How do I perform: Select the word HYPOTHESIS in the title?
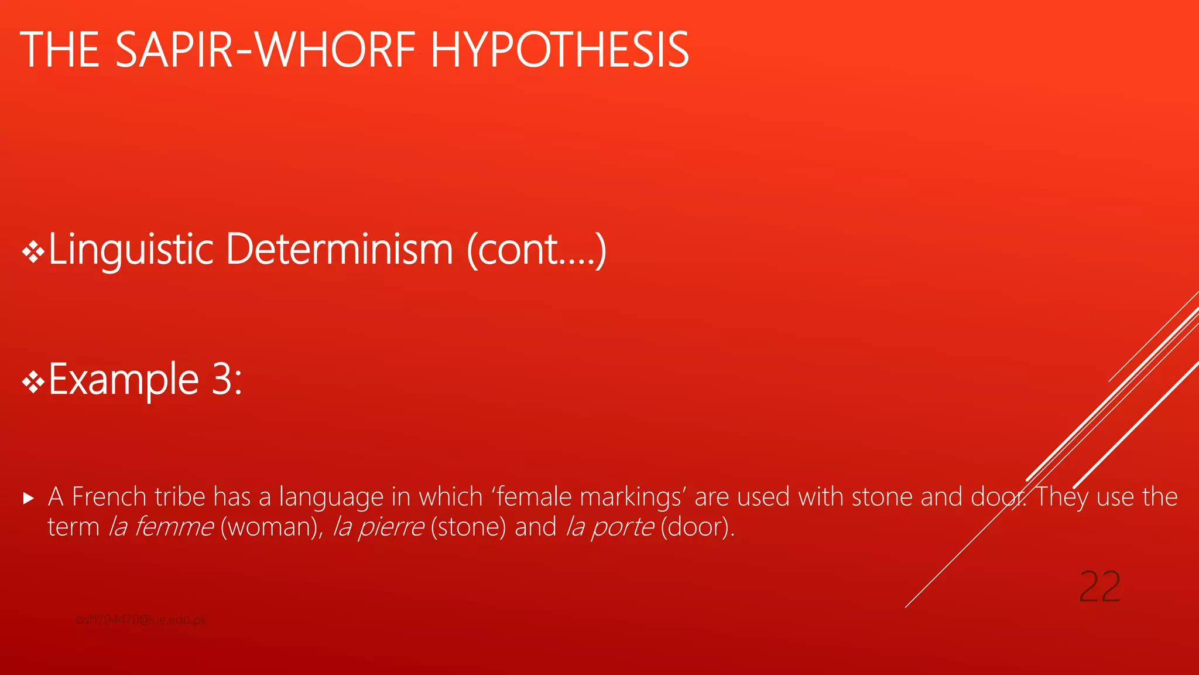560,50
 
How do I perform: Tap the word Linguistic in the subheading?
131,250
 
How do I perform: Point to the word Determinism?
340,250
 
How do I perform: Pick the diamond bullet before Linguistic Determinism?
33,253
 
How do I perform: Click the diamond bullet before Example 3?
33,383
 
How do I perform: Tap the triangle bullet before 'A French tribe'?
29,499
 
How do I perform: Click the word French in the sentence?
109,497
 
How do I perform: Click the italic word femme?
174,527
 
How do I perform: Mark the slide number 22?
1099,587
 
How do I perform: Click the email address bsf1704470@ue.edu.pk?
141,620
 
